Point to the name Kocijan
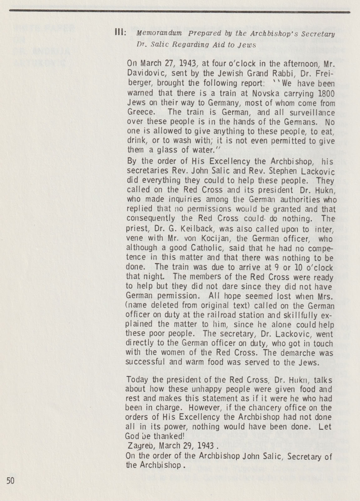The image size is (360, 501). pos(204,238)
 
